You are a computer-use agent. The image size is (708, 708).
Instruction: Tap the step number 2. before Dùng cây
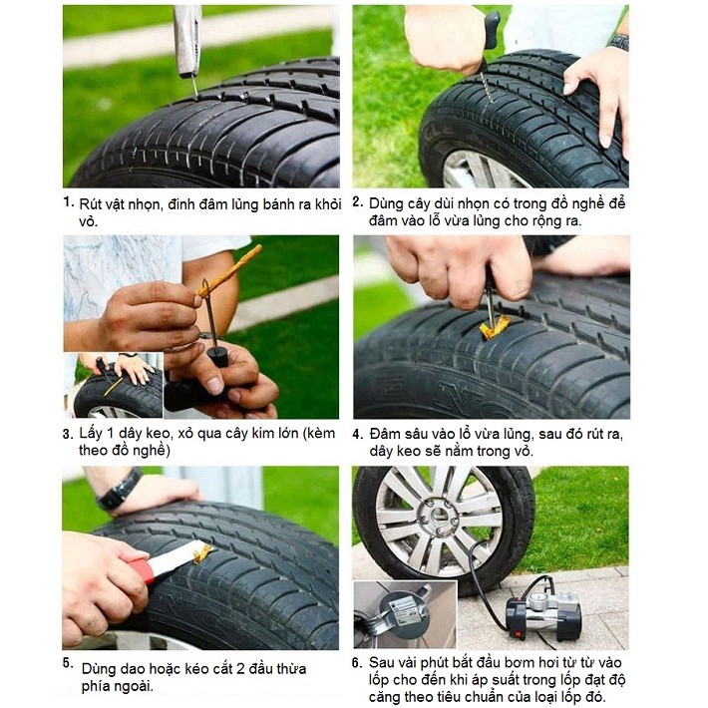[x=358, y=201]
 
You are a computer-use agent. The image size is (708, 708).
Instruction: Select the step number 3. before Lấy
[x=68, y=434]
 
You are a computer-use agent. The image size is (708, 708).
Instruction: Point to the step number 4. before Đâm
[x=358, y=434]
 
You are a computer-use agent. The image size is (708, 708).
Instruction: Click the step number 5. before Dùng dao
[x=68, y=663]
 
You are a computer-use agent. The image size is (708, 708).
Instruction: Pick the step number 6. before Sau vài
[x=357, y=663]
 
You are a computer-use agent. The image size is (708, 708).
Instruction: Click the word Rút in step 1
[x=91, y=204]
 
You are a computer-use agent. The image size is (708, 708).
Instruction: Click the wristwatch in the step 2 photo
[x=618, y=42]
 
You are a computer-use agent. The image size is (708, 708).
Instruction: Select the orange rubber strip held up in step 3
[x=230, y=270]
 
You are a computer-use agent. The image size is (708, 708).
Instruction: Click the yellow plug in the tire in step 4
[x=495, y=326]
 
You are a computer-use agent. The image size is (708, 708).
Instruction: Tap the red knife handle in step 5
[x=143, y=569]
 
